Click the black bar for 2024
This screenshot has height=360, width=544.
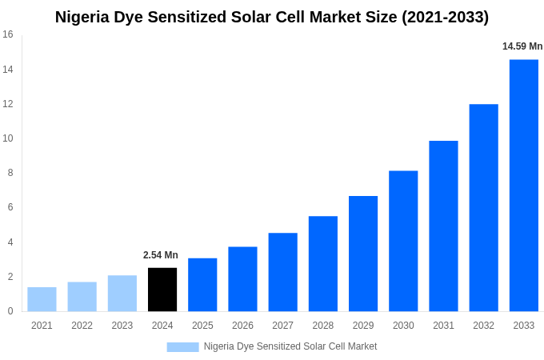coord(162,290)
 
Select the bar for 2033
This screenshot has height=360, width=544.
coord(524,186)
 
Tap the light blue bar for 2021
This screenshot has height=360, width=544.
coord(42,299)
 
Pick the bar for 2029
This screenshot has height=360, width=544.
coord(363,254)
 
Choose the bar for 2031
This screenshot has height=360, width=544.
coord(443,226)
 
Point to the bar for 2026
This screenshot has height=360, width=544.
coord(242,279)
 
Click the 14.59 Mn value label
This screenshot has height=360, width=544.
coord(522,46)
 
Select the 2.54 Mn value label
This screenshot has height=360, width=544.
coord(161,255)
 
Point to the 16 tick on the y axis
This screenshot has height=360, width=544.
coord(8,34)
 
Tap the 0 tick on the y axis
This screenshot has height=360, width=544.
coord(10,311)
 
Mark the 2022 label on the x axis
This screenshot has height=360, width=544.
coord(82,326)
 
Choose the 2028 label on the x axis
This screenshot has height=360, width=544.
coord(322,326)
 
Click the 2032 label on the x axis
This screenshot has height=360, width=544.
coord(483,326)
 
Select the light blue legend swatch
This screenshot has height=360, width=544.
coord(182,347)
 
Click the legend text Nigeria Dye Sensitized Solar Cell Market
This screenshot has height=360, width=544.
coord(290,346)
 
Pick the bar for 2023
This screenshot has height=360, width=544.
coord(122,294)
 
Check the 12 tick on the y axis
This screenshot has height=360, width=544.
coord(8,104)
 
